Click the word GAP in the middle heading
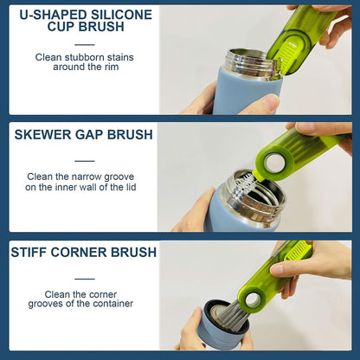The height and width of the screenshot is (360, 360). pos(93,134)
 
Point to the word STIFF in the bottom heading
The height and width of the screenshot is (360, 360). pos(31,253)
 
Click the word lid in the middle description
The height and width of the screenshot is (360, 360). pos(129,187)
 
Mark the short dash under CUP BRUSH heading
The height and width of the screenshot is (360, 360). pos(84,42)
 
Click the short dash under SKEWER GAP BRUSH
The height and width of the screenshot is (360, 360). pos(84,160)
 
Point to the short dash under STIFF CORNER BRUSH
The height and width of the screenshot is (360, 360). pos(84,278)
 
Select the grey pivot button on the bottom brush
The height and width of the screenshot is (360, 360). pos(253,300)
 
